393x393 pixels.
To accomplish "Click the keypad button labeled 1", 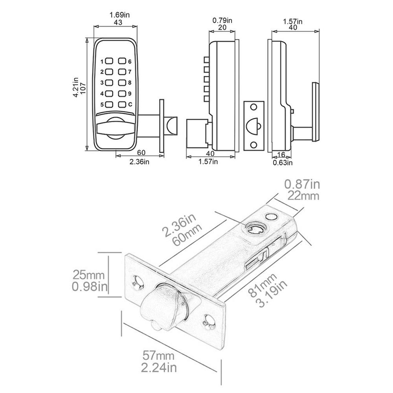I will pos(109,62).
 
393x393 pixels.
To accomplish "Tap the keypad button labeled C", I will pos(123,105).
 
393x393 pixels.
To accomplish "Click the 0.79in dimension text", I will pos(222,19).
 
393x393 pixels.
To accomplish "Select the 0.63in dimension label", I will pos(283,162).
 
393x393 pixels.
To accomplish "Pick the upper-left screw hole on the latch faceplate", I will pos(138,282).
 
